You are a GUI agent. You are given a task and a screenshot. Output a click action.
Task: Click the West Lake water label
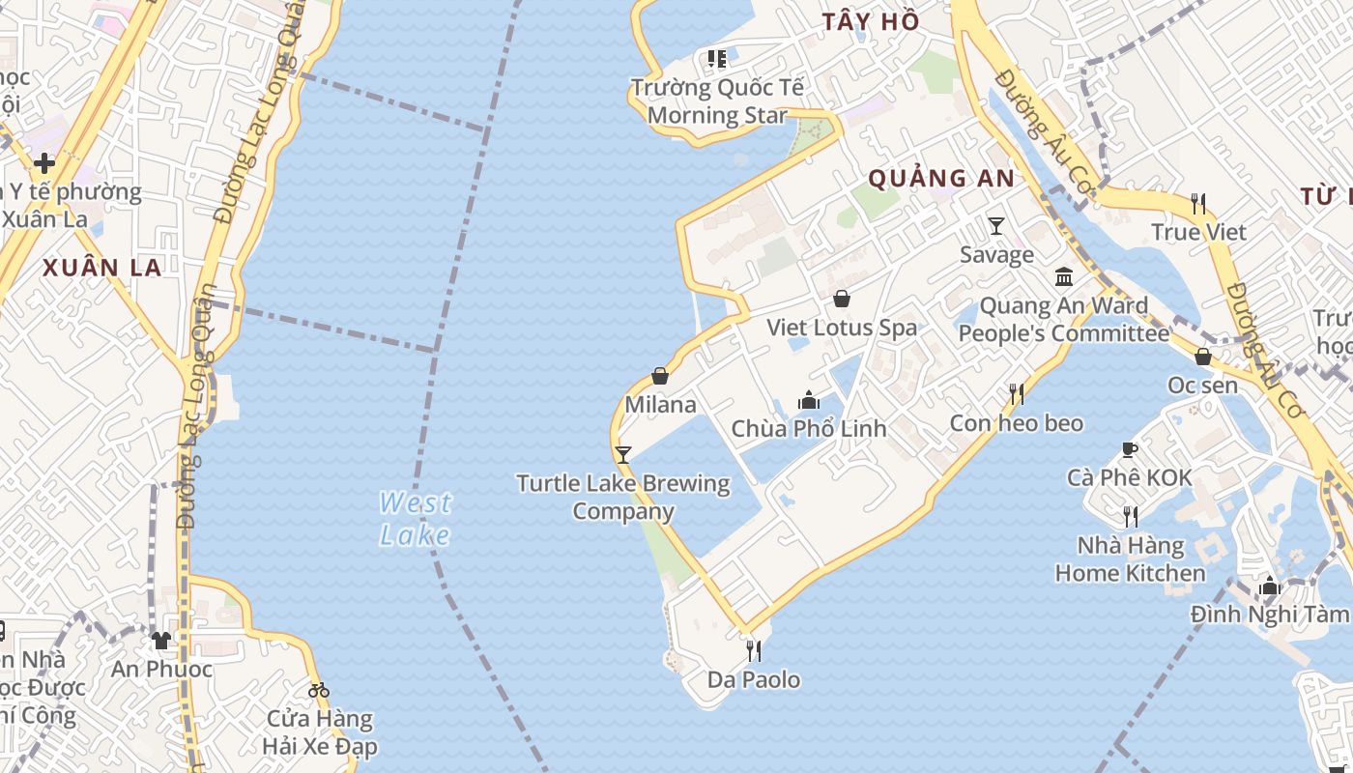(x=415, y=519)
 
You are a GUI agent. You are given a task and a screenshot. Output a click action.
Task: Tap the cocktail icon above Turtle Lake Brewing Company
(x=623, y=453)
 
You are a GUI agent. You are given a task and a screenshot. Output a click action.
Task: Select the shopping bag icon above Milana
(x=660, y=375)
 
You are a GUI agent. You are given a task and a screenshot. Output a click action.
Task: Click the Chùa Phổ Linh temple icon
(x=808, y=399)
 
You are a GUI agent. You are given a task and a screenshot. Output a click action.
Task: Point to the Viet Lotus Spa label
(x=841, y=328)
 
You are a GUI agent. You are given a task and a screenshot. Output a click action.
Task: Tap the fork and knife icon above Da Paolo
(x=754, y=650)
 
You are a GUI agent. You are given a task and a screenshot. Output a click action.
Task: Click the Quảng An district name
(x=941, y=178)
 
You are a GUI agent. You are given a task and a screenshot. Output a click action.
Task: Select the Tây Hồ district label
(x=871, y=21)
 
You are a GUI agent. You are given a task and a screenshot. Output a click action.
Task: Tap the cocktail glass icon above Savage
(x=996, y=225)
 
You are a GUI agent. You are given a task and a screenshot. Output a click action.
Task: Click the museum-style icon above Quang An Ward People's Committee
(x=1064, y=277)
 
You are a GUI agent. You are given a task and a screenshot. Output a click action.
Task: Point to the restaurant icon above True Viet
(x=1198, y=203)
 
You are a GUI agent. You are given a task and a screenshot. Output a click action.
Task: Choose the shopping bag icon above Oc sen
(x=1203, y=357)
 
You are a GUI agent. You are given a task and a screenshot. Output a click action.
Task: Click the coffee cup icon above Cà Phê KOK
(x=1129, y=449)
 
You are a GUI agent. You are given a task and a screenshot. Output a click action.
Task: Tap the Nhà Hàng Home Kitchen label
(x=1130, y=559)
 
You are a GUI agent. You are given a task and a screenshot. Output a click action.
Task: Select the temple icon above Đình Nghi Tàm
(x=1270, y=586)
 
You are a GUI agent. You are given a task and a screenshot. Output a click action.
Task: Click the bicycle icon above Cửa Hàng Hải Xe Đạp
(x=319, y=690)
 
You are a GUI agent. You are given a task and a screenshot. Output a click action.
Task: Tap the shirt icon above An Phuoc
(x=161, y=640)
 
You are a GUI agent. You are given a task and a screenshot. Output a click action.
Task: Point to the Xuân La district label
(x=101, y=268)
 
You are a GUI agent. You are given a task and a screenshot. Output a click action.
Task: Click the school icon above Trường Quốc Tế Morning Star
(x=716, y=59)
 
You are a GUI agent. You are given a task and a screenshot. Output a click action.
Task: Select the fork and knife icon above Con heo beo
(x=1017, y=393)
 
